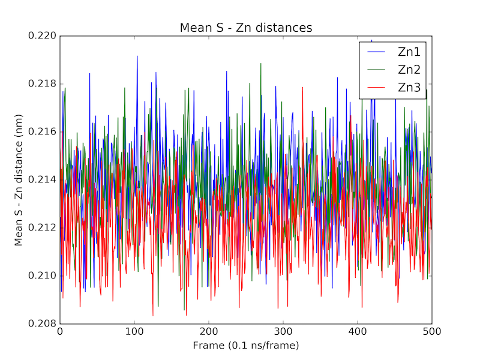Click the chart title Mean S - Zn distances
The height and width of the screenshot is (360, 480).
[246, 28]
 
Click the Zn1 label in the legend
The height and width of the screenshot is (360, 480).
[409, 52]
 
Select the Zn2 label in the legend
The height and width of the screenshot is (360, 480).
[409, 70]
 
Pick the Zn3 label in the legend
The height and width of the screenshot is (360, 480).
[409, 88]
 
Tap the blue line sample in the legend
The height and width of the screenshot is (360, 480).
[376, 52]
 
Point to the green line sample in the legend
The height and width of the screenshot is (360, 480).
[376, 70]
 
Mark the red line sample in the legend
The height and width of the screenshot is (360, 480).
[376, 88]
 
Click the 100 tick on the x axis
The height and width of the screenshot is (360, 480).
[134, 332]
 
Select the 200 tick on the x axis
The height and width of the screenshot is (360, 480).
[209, 332]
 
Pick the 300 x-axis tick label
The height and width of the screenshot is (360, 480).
[283, 332]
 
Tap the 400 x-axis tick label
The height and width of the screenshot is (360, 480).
[358, 332]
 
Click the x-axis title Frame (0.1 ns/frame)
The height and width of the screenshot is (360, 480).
[246, 346]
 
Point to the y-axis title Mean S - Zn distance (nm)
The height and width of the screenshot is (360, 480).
[19, 180]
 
